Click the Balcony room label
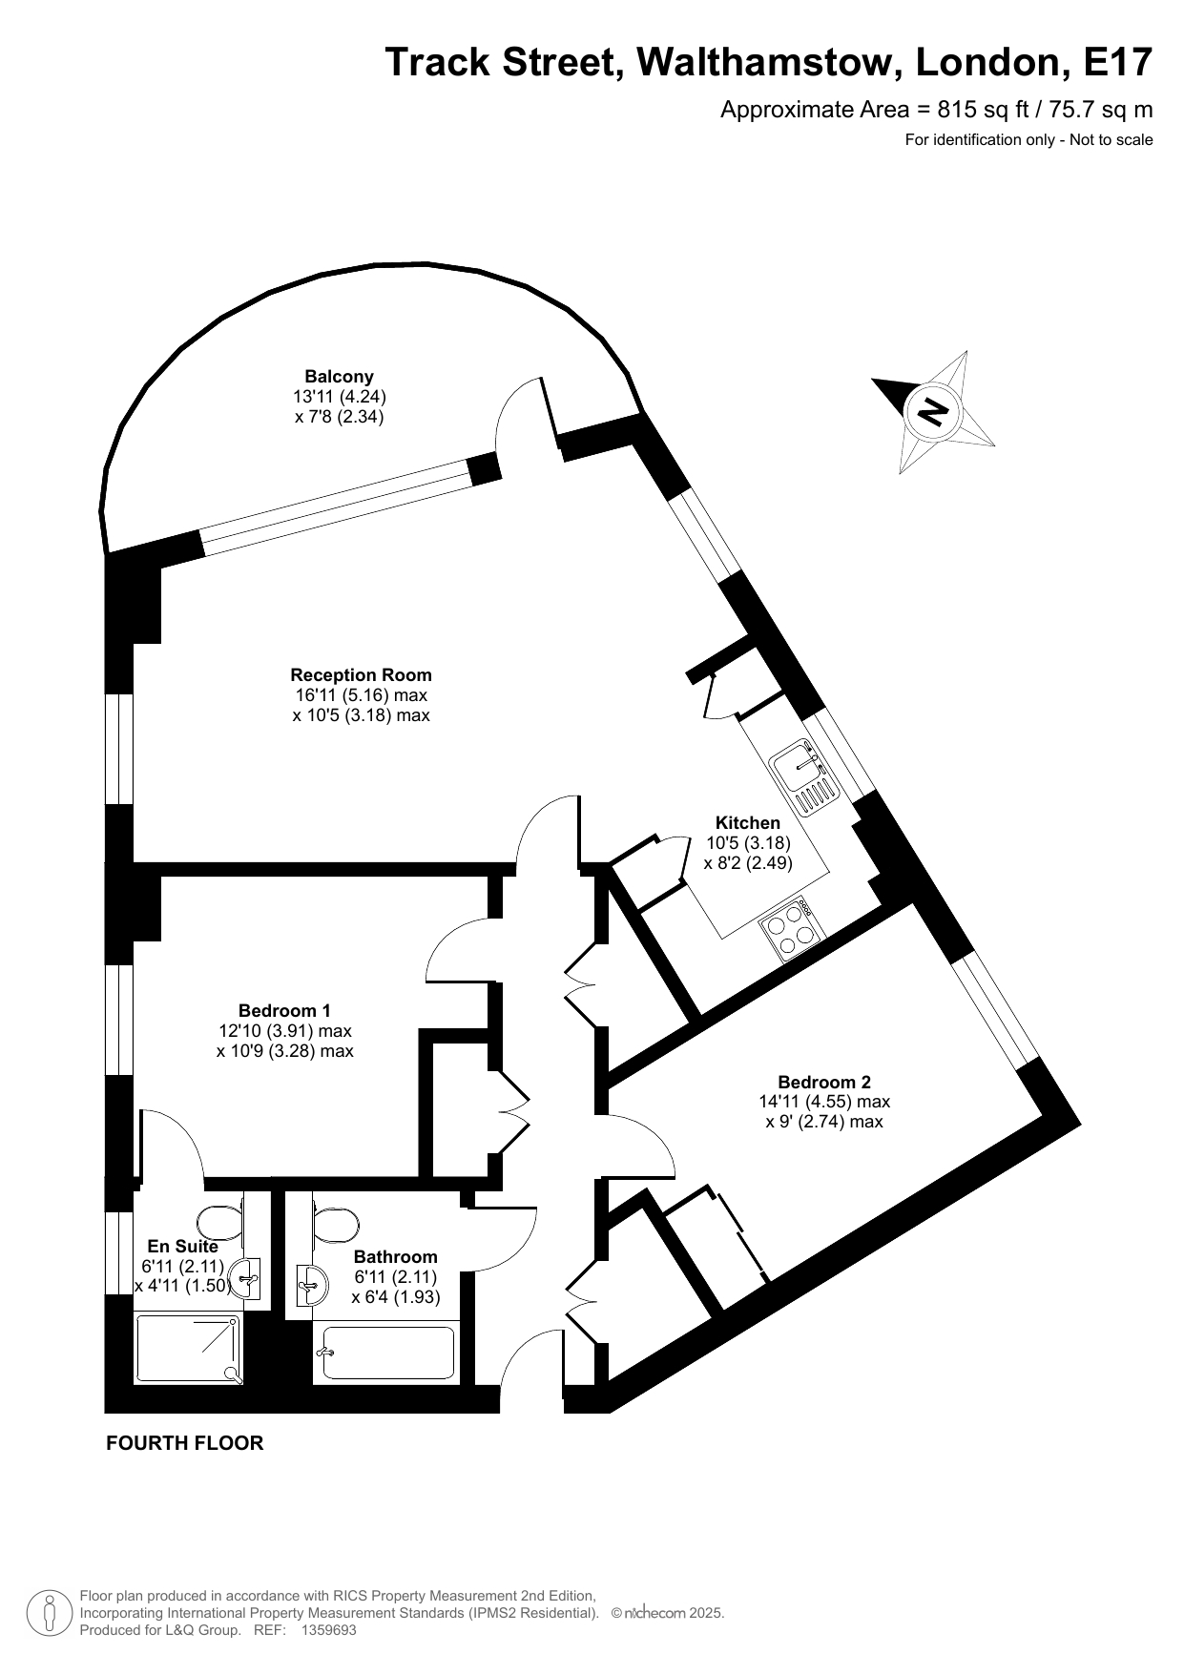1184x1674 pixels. click(x=339, y=376)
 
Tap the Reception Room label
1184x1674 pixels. click(x=361, y=675)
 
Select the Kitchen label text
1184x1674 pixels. click(x=748, y=822)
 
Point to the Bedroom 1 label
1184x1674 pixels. click(x=284, y=1010)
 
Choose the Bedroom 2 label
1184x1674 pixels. click(x=824, y=1082)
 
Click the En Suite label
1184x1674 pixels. click(x=182, y=1246)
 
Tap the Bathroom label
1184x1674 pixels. click(x=395, y=1257)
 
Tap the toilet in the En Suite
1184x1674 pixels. click(x=222, y=1221)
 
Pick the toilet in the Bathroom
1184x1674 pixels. click(x=336, y=1224)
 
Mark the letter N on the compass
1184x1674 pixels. click(x=932, y=410)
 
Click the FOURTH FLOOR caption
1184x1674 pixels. click(x=184, y=1443)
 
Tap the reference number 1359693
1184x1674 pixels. click(x=328, y=1630)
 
